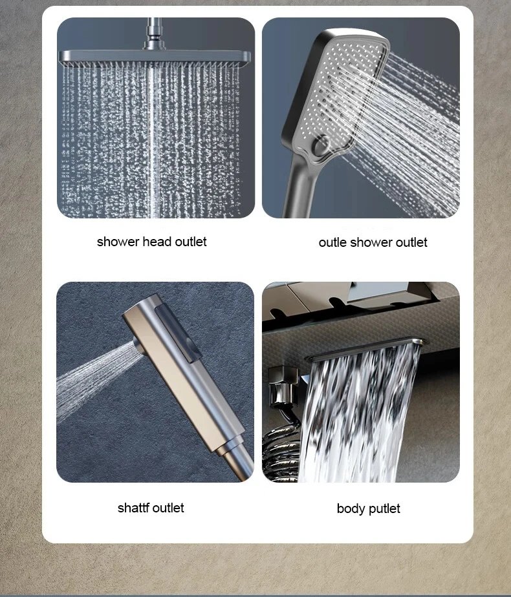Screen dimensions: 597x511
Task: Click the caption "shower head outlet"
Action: pyautogui.click(x=151, y=242)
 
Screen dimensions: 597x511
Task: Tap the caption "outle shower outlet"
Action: pyautogui.click(x=373, y=242)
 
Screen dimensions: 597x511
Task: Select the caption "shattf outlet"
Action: pyautogui.click(x=151, y=508)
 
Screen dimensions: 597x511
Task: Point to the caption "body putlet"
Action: pyautogui.click(x=368, y=508)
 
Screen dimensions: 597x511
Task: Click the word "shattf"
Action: pyautogui.click(x=133, y=508)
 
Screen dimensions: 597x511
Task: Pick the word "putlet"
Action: pyautogui.click(x=385, y=509)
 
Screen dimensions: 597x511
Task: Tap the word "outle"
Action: pyautogui.click(x=332, y=242)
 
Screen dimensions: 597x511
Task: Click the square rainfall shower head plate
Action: pyautogui.click(x=155, y=58)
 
